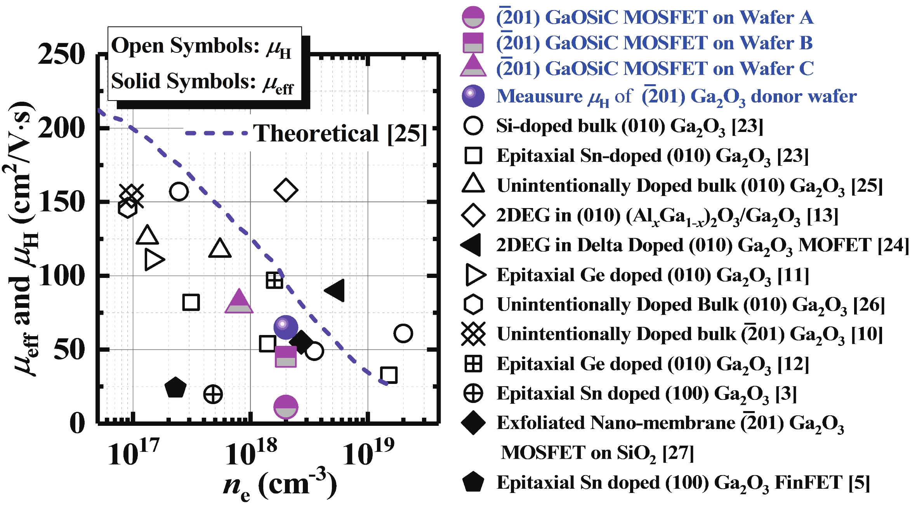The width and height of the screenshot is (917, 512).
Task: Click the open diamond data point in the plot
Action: point(286,190)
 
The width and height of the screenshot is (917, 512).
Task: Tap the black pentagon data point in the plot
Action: point(175,387)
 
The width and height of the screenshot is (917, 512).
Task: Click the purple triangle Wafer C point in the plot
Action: point(239,302)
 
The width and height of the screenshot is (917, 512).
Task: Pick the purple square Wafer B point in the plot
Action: point(286,356)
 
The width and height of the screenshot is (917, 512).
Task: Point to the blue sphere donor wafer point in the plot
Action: point(286,327)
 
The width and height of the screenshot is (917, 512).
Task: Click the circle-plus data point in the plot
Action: point(213,394)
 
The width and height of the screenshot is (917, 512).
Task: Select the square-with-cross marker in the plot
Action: point(274,280)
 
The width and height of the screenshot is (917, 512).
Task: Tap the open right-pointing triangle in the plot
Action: point(154,260)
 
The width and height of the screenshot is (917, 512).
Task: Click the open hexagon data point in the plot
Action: point(127,208)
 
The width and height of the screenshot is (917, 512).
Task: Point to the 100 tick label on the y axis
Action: point(61,276)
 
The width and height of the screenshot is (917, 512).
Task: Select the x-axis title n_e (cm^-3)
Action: point(280,485)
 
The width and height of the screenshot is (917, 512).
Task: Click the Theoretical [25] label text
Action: point(340,134)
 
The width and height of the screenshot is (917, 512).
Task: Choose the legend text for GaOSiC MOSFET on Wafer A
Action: point(655,18)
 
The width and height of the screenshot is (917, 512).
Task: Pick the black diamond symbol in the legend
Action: point(473,423)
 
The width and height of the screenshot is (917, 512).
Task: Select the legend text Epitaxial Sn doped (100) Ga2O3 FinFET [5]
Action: point(683,483)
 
